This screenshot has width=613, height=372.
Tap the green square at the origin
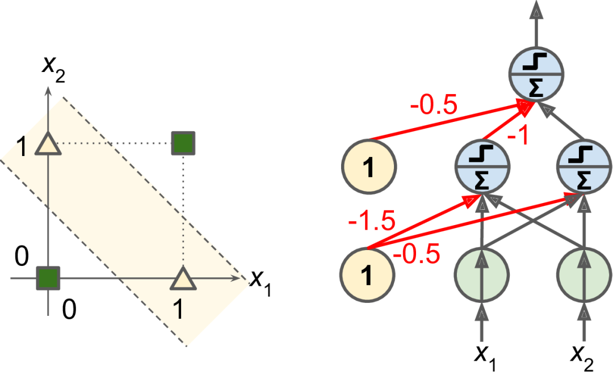pos(48,278)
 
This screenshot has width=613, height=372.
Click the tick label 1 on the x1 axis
pos(179,310)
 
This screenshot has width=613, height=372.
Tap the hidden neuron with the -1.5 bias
pos(482,168)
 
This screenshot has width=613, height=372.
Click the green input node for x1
pos(482,276)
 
